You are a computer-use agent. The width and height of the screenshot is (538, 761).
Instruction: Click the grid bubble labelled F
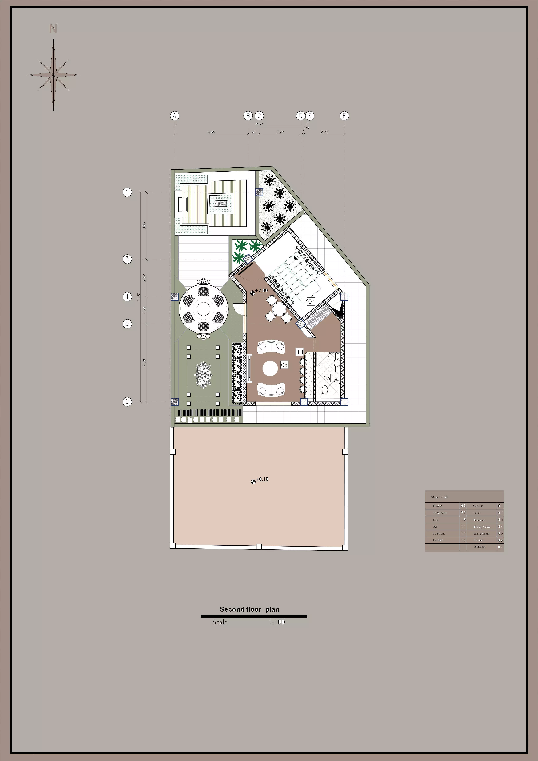[x=344, y=116]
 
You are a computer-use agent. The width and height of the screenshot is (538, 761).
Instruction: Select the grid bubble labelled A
[x=175, y=116]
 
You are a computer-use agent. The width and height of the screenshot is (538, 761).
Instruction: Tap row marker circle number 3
[x=127, y=259]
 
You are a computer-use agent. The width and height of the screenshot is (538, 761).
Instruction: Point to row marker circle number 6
[x=127, y=401]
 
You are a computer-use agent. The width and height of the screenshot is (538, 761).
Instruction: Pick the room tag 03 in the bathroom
[x=327, y=378]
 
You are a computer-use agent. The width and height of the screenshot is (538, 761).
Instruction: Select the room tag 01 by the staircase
[x=311, y=302]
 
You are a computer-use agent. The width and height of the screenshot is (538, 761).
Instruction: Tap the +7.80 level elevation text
[x=261, y=290]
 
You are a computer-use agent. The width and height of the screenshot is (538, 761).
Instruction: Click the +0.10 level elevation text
[x=262, y=479]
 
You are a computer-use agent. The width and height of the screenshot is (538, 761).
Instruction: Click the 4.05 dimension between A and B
[x=211, y=132]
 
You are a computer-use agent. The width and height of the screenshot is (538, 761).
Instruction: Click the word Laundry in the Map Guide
[x=438, y=540]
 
